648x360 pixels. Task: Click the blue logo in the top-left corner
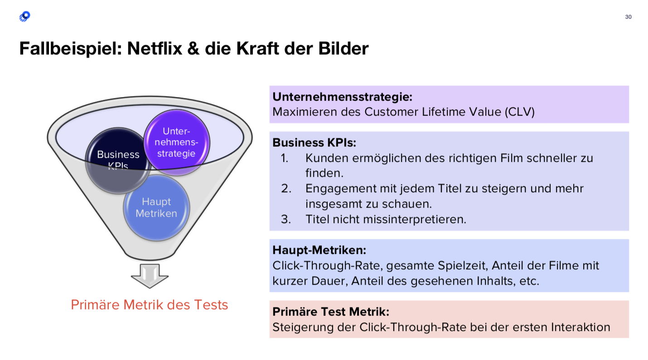tap(25, 16)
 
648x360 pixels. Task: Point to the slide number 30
tap(628, 17)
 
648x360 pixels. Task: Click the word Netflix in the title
tap(155, 49)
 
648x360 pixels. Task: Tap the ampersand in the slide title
tap(193, 49)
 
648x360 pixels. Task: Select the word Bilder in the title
tap(343, 49)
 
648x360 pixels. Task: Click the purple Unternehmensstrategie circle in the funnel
tap(176, 142)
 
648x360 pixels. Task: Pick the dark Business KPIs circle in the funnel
tap(118, 161)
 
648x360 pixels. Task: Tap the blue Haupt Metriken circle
tap(156, 208)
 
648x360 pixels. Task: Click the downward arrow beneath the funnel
tap(150, 276)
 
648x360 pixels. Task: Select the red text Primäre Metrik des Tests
tap(150, 305)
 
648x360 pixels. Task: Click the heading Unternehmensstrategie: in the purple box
tap(342, 97)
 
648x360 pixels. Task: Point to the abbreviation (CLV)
tap(520, 112)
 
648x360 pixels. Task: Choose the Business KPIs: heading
tap(314, 143)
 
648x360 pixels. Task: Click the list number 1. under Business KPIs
tap(285, 158)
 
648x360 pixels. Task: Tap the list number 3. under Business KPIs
tap(286, 219)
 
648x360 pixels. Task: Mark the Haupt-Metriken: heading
tap(319, 250)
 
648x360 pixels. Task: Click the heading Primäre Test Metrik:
tap(331, 312)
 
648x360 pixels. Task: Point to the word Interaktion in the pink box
tap(580, 327)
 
